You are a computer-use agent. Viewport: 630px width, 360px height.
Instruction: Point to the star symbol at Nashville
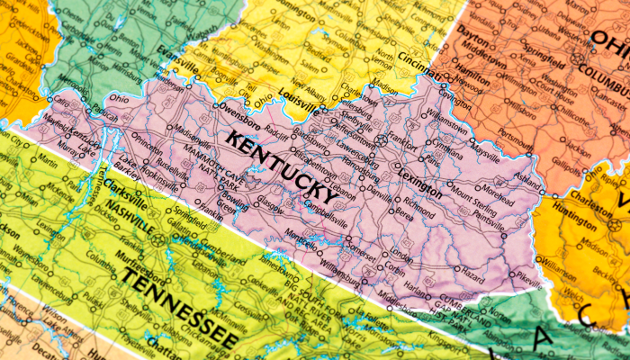click(158, 239)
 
